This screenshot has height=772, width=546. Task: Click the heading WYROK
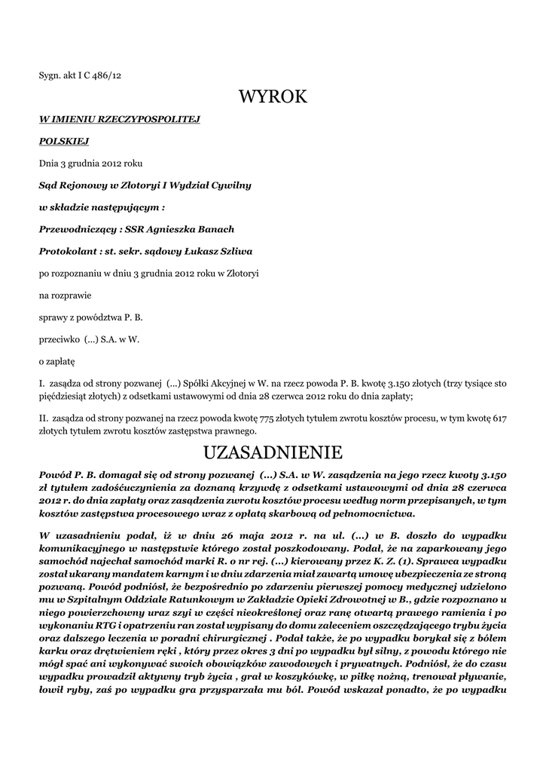coord(273,96)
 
